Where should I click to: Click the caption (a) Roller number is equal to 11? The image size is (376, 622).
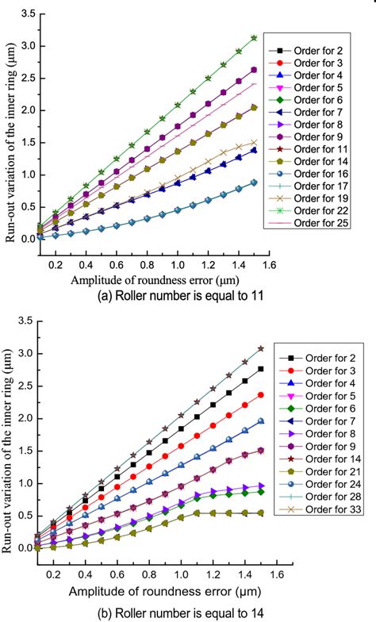189,295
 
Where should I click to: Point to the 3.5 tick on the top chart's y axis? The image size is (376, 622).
26,13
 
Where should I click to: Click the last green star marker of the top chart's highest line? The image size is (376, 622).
255,38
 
